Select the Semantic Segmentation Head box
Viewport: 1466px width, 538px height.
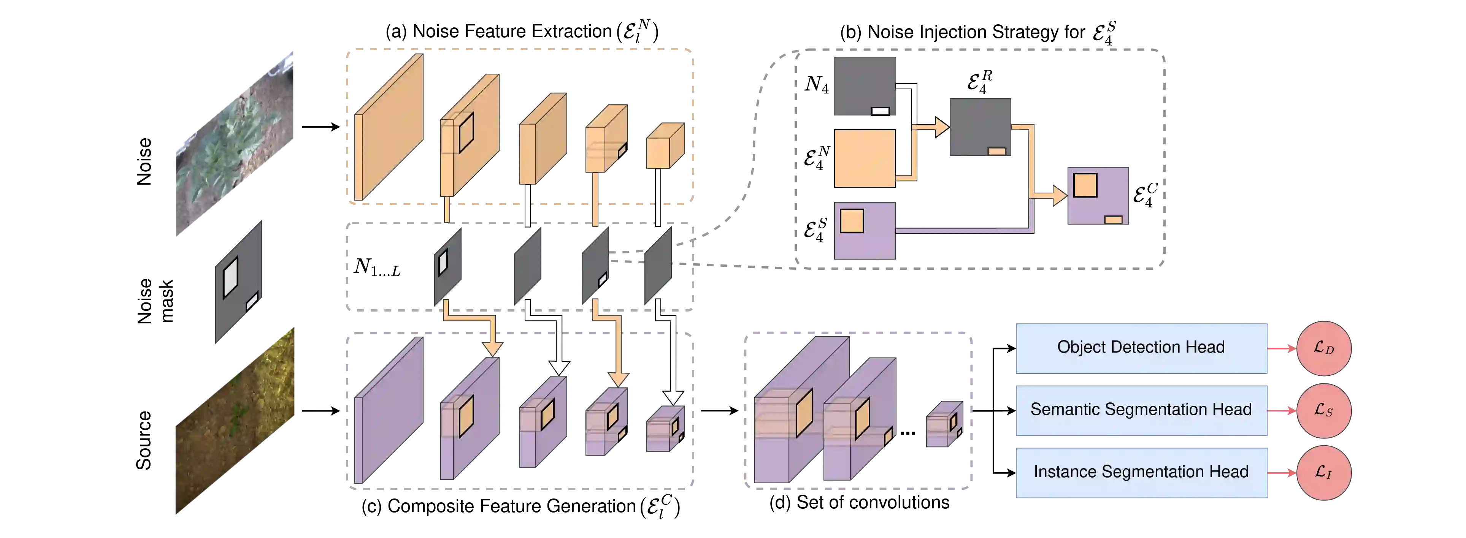coord(1141,410)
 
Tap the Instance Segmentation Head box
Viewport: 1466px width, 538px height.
coord(1141,472)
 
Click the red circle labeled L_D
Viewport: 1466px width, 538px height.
coord(1324,348)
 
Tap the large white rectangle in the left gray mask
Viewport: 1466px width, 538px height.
coord(230,277)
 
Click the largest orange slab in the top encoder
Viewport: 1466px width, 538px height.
coord(389,128)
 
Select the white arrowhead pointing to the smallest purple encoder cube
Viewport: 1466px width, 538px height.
coord(673,397)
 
